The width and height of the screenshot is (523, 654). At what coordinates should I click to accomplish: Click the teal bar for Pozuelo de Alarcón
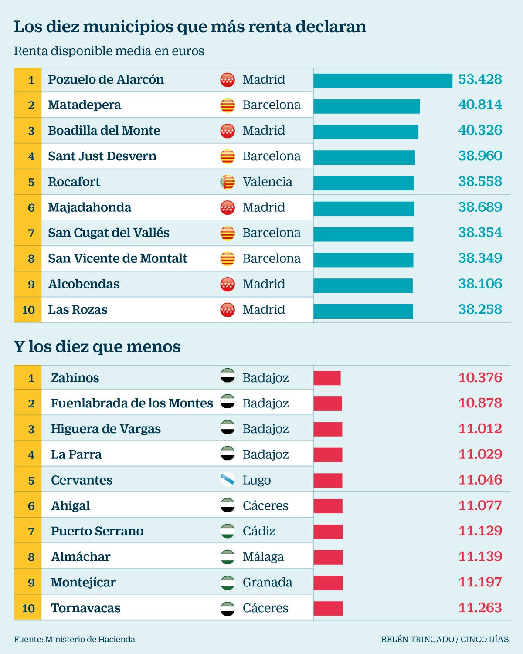[383, 81]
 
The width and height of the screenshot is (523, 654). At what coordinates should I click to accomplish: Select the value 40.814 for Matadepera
[480, 105]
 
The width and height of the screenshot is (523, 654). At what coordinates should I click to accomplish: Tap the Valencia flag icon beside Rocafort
[228, 182]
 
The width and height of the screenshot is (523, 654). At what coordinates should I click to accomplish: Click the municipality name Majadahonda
[89, 207]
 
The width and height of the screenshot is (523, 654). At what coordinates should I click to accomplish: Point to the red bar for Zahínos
[327, 378]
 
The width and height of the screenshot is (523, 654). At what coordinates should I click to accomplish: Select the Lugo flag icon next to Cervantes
[228, 480]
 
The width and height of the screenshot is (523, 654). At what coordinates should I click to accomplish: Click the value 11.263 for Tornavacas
[480, 608]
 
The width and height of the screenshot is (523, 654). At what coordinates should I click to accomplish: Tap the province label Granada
[267, 583]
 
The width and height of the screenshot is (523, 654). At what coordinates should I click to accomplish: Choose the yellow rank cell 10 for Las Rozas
[28, 310]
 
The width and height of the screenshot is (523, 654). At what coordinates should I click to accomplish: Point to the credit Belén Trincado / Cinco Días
[445, 639]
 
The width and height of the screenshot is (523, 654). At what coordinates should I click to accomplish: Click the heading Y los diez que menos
[97, 347]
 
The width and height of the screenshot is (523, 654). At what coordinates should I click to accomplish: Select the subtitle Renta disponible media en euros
[109, 51]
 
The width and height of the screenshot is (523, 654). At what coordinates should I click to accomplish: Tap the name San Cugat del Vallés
[109, 233]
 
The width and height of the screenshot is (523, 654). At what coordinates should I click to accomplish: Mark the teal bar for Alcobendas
[363, 285]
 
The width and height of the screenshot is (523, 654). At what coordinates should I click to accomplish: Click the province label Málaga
[263, 557]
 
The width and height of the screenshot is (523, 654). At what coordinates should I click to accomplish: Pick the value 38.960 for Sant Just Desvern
[480, 156]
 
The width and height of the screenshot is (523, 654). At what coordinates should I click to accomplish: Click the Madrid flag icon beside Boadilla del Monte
[228, 131]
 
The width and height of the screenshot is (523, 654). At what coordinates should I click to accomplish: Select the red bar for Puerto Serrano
[328, 532]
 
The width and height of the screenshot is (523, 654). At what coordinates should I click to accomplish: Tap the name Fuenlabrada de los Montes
[132, 403]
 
